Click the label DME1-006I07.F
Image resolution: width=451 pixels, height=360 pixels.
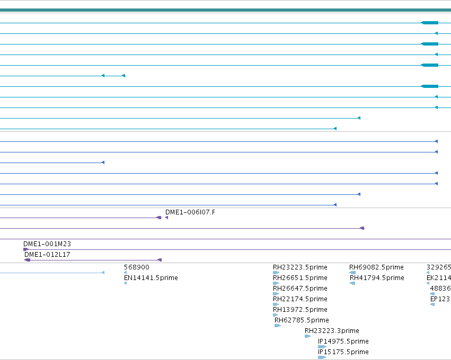coord(190,212)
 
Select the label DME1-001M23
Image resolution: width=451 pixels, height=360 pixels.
coord(47,244)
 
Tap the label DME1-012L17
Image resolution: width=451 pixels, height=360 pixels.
coord(47,255)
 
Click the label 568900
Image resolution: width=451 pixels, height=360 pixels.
coord(137,267)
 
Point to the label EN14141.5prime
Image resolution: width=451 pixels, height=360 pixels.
coord(151,278)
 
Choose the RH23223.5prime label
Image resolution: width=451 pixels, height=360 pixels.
coord(300,267)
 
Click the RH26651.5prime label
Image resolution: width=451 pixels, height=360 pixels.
coord(300,278)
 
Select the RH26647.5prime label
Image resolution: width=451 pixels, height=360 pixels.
coord(300,289)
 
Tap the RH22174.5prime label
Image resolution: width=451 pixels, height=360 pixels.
coord(300,299)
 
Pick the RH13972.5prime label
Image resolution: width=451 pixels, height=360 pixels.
coord(300,310)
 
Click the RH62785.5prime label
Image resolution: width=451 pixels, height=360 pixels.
coord(302,320)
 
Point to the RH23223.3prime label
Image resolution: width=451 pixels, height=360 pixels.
coord(332,331)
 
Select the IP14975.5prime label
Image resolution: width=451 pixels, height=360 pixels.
coord(343,341)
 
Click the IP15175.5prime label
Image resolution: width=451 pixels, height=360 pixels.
coord(343,352)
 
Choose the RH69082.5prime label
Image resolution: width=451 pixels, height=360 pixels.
coord(376,267)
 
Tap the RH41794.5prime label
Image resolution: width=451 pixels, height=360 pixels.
coord(377,278)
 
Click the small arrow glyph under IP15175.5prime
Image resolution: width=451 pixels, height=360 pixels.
coord(322,357)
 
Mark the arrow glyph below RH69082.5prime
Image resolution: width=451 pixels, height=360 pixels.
coord(352,273)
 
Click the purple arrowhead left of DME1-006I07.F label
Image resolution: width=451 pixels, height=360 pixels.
coord(166,218)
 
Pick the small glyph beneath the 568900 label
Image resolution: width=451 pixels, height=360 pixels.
coord(126,273)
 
